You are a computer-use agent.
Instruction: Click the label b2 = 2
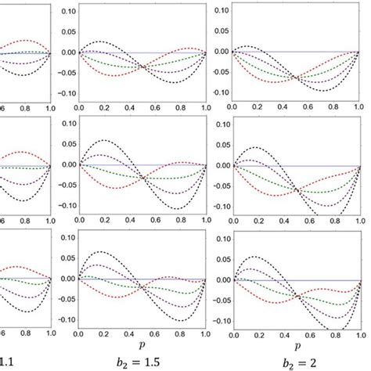coord(301,362)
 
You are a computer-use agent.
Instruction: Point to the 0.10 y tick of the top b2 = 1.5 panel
coord(65,13)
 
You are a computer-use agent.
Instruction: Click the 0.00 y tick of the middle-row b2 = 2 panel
coord(222,165)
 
